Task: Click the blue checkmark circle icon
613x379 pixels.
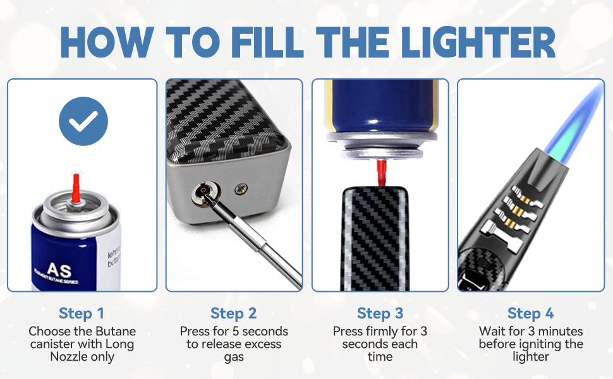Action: [83, 121]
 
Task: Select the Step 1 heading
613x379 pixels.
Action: [82, 313]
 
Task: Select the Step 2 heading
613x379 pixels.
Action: [233, 313]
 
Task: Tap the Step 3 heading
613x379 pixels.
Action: [380, 313]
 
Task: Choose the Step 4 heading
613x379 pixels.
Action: [531, 313]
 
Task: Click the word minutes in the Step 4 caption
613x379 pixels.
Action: [560, 332]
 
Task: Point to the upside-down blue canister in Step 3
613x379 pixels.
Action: [379, 104]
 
